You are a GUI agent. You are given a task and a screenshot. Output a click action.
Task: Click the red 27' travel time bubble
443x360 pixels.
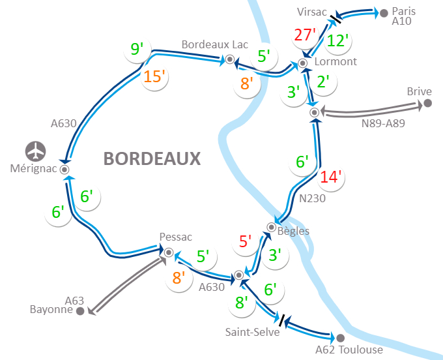tap(304, 35)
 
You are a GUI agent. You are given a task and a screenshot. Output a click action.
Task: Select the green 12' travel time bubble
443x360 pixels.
tap(338, 40)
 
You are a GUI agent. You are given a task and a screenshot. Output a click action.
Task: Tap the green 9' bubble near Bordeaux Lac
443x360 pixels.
tap(137, 49)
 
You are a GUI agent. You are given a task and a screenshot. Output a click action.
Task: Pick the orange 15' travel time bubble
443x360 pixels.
tap(155, 77)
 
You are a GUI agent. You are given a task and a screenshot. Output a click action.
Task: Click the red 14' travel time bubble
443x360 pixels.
tap(331, 177)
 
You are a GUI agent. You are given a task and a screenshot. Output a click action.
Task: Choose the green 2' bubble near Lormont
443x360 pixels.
tap(322, 82)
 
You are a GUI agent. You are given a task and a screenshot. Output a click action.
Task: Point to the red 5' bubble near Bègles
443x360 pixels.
tap(245, 242)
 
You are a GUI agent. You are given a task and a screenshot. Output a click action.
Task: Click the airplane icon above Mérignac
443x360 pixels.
tap(36, 151)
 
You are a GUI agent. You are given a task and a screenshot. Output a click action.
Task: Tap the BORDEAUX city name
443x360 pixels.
tap(152, 158)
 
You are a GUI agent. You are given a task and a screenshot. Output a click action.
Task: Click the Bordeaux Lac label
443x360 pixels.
tap(215, 44)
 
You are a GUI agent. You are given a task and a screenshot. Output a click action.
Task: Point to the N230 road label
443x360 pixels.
tap(313, 199)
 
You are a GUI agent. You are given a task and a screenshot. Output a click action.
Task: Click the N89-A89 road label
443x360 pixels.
tap(383, 123)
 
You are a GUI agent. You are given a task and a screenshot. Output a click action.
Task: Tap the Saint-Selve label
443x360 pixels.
tap(252, 332)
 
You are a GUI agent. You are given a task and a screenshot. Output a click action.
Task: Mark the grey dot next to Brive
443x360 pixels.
tap(428, 103)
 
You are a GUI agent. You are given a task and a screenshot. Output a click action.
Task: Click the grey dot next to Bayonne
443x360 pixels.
tap(80, 311)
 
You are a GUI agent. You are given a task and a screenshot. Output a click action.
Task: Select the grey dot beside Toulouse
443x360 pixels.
tap(340, 338)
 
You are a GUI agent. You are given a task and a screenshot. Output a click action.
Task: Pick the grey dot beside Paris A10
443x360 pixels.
tap(384, 12)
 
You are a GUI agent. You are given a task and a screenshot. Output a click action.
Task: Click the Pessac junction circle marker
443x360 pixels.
tap(169, 252)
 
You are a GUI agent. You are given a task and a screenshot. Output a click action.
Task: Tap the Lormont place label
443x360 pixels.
tap(336, 62)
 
